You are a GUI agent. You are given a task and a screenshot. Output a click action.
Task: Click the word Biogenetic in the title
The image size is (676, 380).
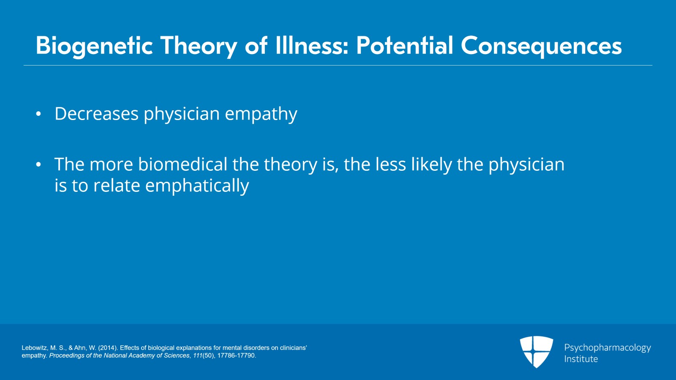pyautogui.click(x=94, y=46)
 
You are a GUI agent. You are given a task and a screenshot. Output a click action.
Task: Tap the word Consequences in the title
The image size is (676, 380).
pyautogui.click(x=541, y=46)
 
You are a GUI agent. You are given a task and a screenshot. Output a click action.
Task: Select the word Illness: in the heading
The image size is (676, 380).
pyautogui.click(x=312, y=46)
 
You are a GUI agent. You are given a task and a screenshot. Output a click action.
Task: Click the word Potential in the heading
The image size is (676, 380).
pyautogui.click(x=404, y=46)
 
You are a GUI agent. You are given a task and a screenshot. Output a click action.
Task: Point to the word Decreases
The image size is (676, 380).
pyautogui.click(x=96, y=114)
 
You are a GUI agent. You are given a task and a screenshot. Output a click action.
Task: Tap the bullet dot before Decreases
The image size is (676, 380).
pyautogui.click(x=38, y=114)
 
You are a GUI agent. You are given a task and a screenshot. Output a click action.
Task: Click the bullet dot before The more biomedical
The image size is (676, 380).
pyautogui.click(x=38, y=165)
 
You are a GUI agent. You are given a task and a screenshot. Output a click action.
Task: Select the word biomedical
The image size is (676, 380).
pyautogui.click(x=183, y=164)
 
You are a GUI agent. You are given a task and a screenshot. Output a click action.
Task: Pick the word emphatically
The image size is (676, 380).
pyautogui.click(x=197, y=186)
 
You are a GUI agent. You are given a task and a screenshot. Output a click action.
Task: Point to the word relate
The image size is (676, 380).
pyautogui.click(x=117, y=186)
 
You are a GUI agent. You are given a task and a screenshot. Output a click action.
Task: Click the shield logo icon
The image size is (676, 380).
pyautogui.click(x=536, y=352)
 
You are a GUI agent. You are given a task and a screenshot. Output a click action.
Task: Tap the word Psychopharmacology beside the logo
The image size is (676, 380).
pyautogui.click(x=607, y=348)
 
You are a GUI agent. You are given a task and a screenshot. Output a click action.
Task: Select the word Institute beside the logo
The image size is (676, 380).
pyautogui.click(x=581, y=359)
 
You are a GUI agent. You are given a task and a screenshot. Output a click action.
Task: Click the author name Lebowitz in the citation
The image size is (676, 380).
pyautogui.click(x=34, y=348)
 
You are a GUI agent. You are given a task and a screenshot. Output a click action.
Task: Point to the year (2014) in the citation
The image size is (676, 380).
pyautogui.click(x=107, y=348)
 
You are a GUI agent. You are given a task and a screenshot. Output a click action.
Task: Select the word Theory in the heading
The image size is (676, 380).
pyautogui.click(x=198, y=46)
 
